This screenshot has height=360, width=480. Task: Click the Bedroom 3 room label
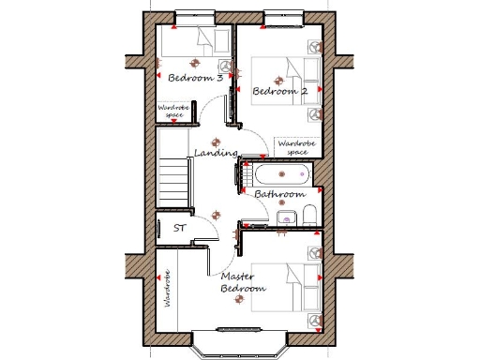tap(195, 79)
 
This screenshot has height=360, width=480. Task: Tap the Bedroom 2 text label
tap(280, 91)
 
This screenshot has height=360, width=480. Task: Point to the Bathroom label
tap(280, 194)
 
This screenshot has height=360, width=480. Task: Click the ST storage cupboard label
tap(178, 228)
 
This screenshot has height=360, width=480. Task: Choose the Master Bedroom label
tap(243, 283)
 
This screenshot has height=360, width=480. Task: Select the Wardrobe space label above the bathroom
tap(295, 147)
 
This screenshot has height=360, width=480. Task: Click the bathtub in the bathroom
tap(281, 175)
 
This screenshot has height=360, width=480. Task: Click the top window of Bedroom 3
tap(195, 16)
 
